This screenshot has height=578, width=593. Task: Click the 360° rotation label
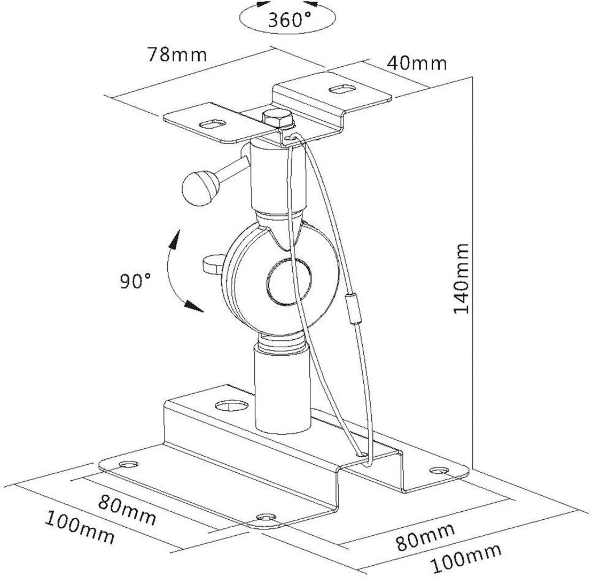(289, 20)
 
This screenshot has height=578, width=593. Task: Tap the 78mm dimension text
(177, 54)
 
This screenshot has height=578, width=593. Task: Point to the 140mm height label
(461, 278)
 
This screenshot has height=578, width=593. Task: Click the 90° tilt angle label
(135, 281)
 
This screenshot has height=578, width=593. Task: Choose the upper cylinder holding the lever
(278, 176)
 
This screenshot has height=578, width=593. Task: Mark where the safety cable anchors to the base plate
(364, 455)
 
